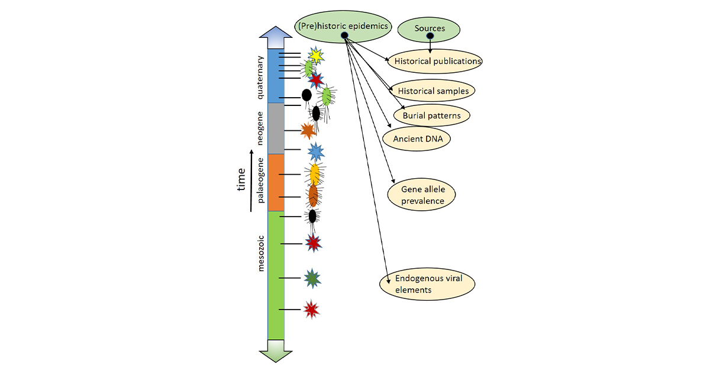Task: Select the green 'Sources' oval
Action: point(430,28)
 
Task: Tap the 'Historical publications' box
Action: point(437,61)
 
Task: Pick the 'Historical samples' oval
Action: point(433,91)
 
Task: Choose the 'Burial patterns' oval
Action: point(431,115)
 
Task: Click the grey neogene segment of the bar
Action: point(276,128)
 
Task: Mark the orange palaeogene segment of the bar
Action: point(276,182)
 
